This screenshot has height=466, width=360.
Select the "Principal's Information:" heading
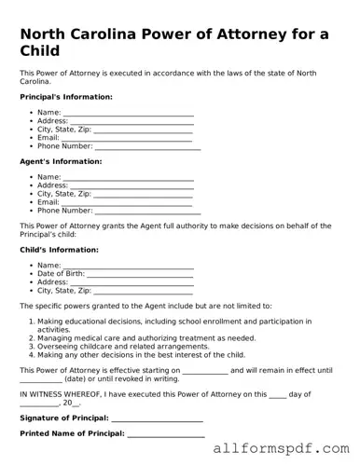(66, 97)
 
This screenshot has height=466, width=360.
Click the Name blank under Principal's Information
(128, 113)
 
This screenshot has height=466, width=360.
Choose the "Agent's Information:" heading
(60, 161)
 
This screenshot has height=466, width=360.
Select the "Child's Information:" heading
(60, 250)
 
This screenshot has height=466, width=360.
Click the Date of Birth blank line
(140, 274)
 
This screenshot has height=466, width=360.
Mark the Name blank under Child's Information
(128, 266)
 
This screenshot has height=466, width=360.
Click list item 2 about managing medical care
(145, 338)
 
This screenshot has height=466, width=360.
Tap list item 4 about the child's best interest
(141, 355)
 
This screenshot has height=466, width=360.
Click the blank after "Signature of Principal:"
(159, 418)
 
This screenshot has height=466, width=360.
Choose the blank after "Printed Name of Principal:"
(165, 434)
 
